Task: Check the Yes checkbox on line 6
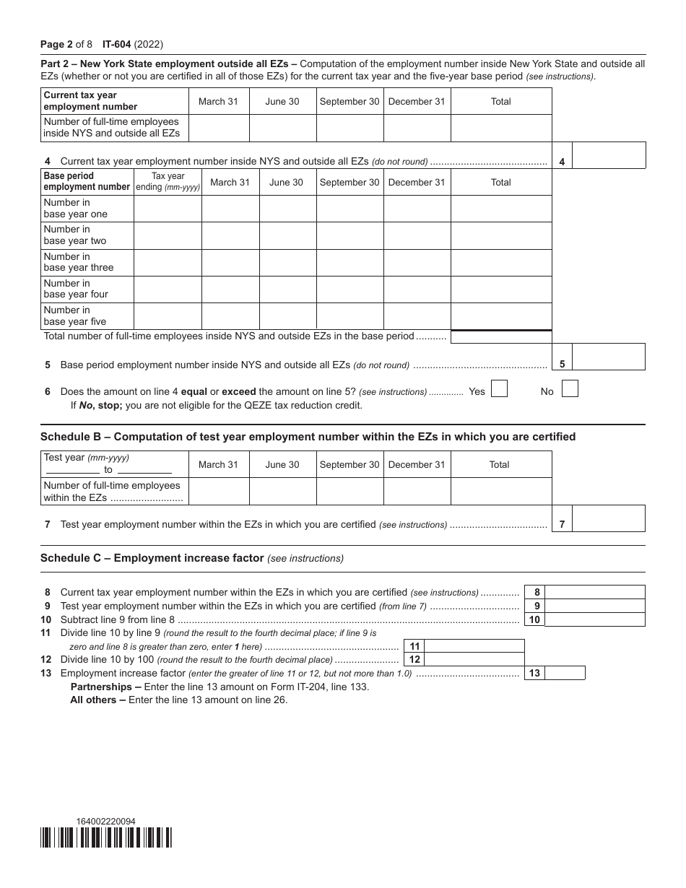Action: [499, 389]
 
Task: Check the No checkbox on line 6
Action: [570, 389]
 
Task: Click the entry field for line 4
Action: [608, 155]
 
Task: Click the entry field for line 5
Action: [608, 357]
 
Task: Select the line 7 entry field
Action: [608, 518]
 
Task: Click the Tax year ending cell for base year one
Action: [168, 209]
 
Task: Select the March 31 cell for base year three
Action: [230, 263]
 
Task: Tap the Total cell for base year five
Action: [501, 316]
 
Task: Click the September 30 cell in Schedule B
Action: [349, 491]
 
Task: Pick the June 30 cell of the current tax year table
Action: [282, 128]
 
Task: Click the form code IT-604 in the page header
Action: [117, 44]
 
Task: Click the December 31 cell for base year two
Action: [417, 235]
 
